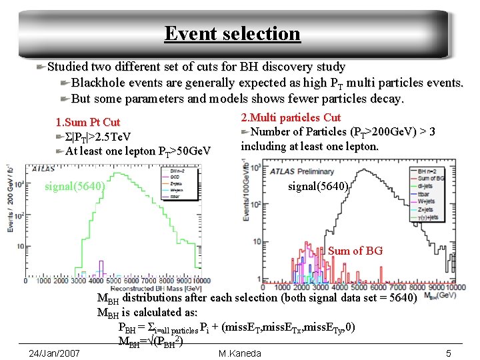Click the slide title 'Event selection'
pyautogui.click(x=232, y=33)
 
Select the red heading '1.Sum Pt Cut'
pyautogui.click(x=87, y=122)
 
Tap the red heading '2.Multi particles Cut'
pyautogui.click(x=291, y=117)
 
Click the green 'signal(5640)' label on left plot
pyautogui.click(x=75, y=186)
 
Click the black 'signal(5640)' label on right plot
pyautogui.click(x=318, y=187)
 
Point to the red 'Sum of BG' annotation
pyautogui.click(x=355, y=251)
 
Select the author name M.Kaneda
pyautogui.click(x=239, y=353)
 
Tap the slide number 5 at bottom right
pyautogui.click(x=449, y=353)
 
